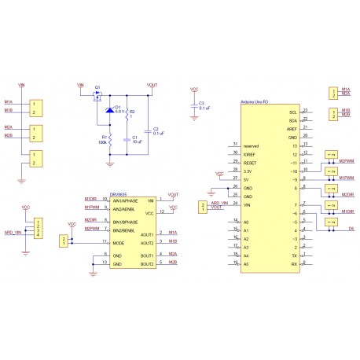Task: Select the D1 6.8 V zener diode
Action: pyautogui.click(x=108, y=110)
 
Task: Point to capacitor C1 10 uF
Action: pyautogui.click(x=127, y=141)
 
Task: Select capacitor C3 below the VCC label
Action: pyautogui.click(x=194, y=105)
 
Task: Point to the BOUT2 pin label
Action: pyautogui.click(x=146, y=265)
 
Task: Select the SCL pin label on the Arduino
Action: pyautogui.click(x=292, y=112)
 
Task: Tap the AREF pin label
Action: pyautogui.click(x=292, y=128)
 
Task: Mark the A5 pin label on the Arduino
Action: pyautogui.click(x=247, y=264)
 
